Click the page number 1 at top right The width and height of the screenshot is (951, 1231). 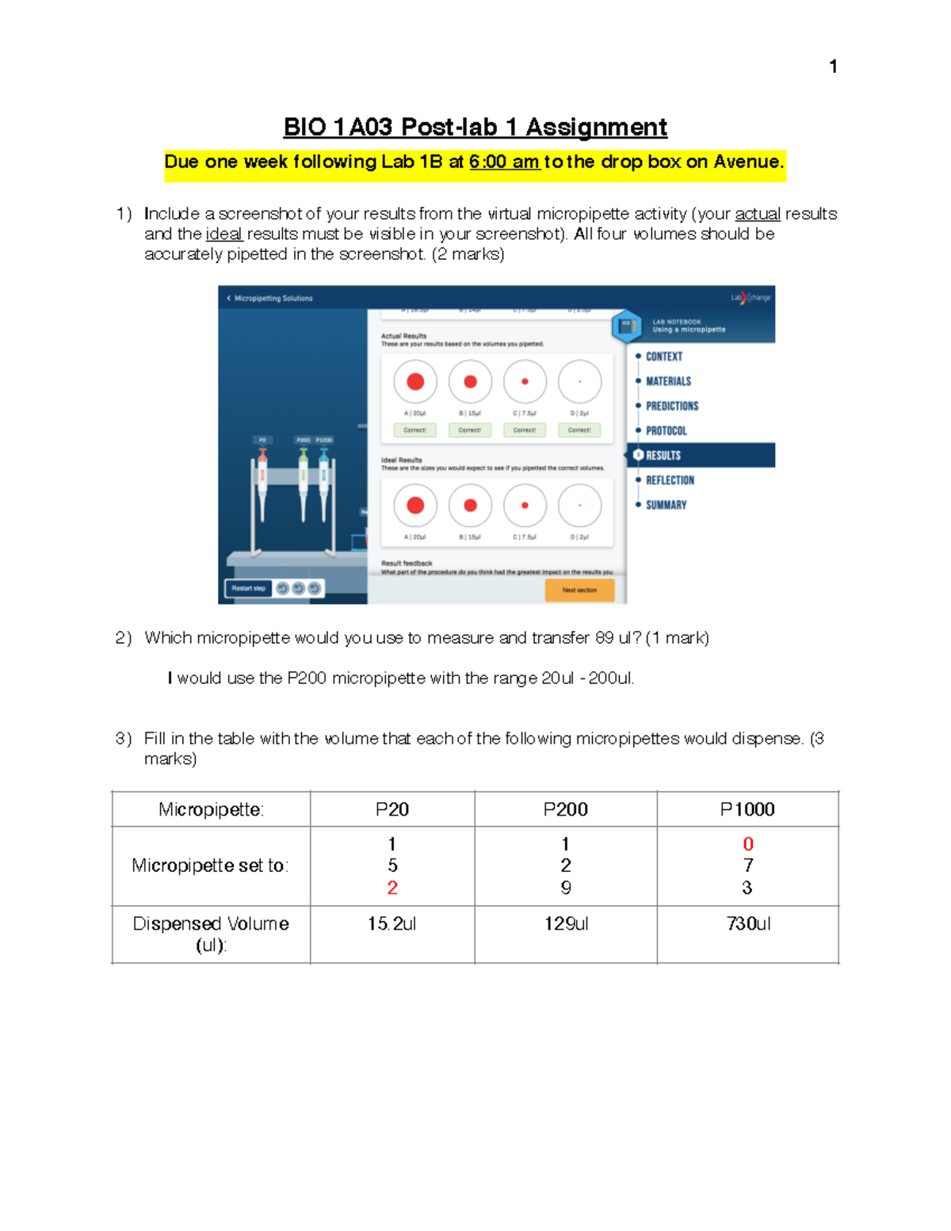[833, 67]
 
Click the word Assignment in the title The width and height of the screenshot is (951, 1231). [596, 127]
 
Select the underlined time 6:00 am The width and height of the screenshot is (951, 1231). [504, 162]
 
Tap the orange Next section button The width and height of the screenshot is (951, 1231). [579, 590]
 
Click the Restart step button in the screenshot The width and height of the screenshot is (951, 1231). [249, 588]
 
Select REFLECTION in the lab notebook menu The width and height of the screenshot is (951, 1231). [670, 480]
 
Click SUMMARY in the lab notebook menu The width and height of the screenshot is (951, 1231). [666, 505]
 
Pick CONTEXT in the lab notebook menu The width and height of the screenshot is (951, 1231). [663, 357]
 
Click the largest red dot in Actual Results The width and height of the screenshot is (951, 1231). [415, 382]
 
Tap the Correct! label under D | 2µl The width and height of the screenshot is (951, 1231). [579, 430]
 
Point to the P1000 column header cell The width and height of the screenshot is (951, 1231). [747, 809]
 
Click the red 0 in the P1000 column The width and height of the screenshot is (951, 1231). [747, 844]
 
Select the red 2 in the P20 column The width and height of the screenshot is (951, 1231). [392, 888]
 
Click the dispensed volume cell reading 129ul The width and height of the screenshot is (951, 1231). [566, 923]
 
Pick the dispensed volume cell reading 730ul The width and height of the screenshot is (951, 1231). [747, 923]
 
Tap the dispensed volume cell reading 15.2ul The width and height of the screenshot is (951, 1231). [392, 923]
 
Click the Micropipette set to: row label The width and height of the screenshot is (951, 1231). [210, 866]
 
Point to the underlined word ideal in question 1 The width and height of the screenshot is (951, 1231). [223, 234]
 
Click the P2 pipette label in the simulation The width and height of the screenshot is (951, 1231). [262, 440]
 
